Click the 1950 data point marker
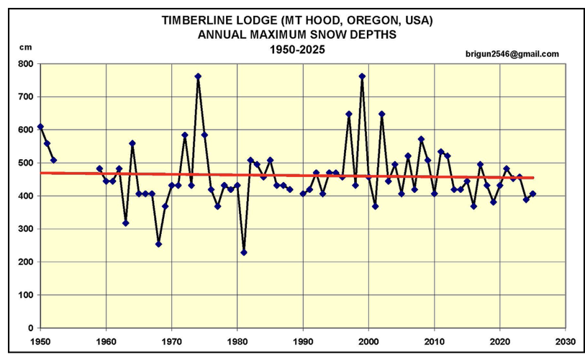(x=40, y=127)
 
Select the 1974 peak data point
(x=198, y=76)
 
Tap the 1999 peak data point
(x=362, y=76)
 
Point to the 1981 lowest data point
(x=244, y=252)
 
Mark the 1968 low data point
(x=158, y=244)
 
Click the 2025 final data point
(x=532, y=194)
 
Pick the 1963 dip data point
(x=125, y=223)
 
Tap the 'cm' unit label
(x=26, y=47)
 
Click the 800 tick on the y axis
(x=26, y=63)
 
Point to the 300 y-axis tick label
(x=26, y=229)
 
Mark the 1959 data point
(x=99, y=168)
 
